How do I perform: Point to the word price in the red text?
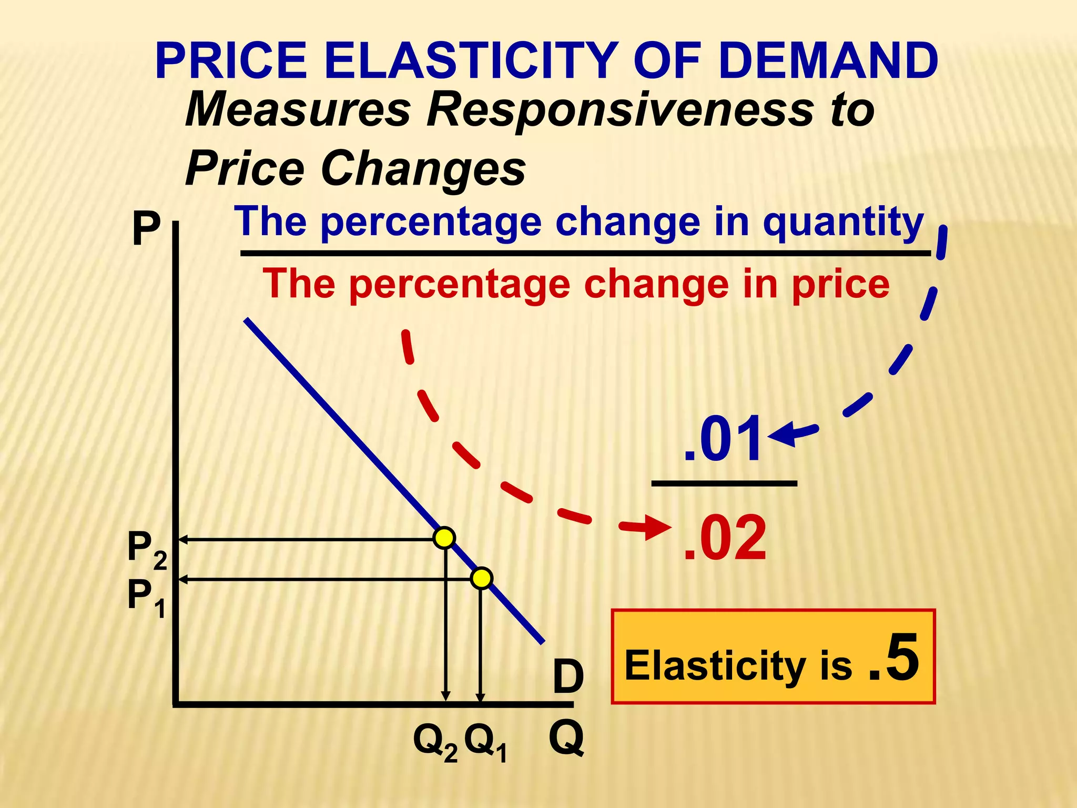[840, 285]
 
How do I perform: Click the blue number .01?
[723, 439]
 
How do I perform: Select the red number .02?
[725, 538]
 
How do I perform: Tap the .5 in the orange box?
[894, 658]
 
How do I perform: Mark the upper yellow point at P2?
[444, 538]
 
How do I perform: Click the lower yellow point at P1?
[481, 578]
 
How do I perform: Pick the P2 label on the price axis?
[147, 550]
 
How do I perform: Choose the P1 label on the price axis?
[147, 598]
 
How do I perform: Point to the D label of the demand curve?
[568, 677]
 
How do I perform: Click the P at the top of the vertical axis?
[146, 229]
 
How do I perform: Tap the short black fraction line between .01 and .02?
[724, 483]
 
